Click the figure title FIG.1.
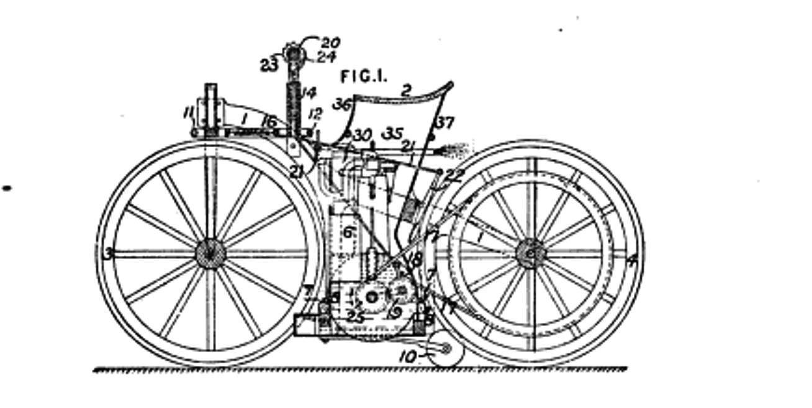click(x=364, y=76)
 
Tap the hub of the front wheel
click(x=210, y=253)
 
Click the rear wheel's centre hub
click(x=531, y=254)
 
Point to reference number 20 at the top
click(x=330, y=43)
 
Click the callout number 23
click(x=268, y=65)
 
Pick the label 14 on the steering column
click(x=308, y=93)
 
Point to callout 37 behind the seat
click(x=444, y=123)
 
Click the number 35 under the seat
click(x=391, y=134)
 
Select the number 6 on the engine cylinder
click(x=348, y=233)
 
